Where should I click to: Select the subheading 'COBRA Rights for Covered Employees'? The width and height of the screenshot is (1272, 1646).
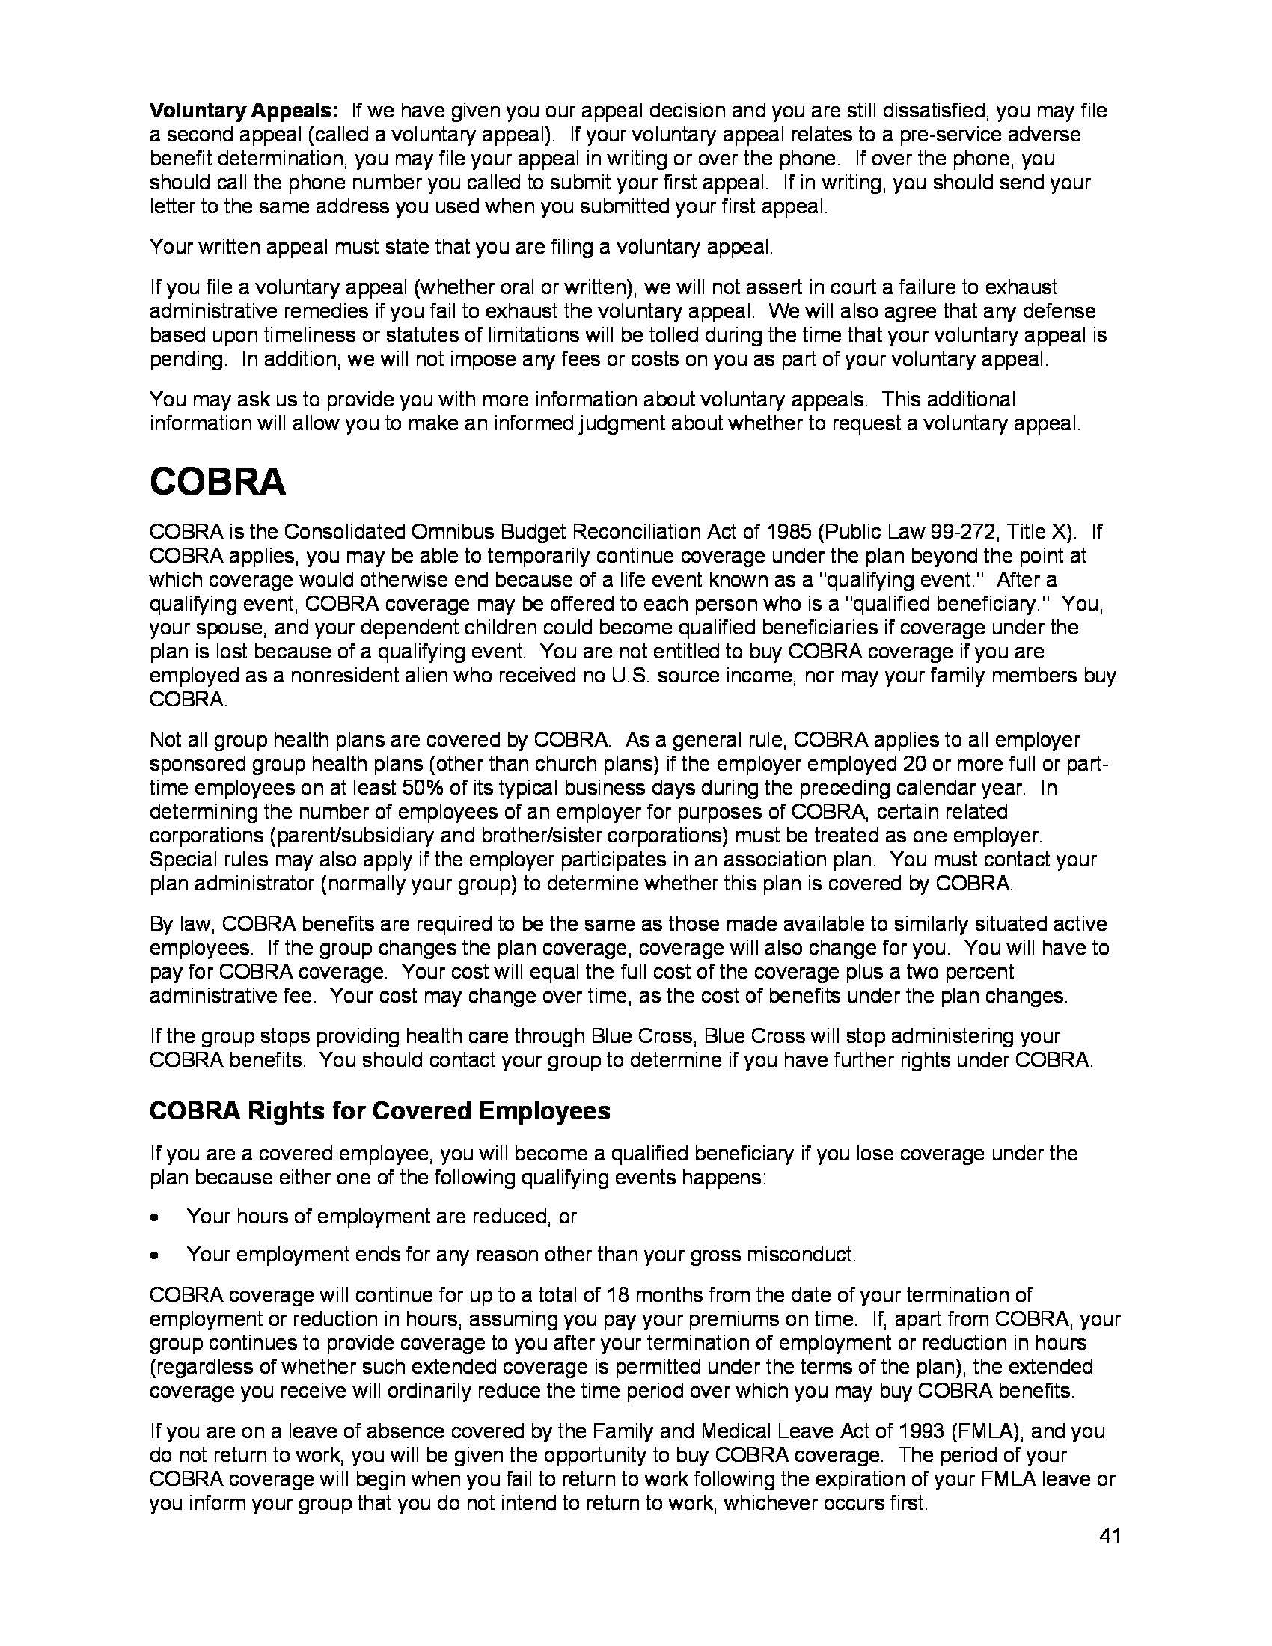coord(380,1111)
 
